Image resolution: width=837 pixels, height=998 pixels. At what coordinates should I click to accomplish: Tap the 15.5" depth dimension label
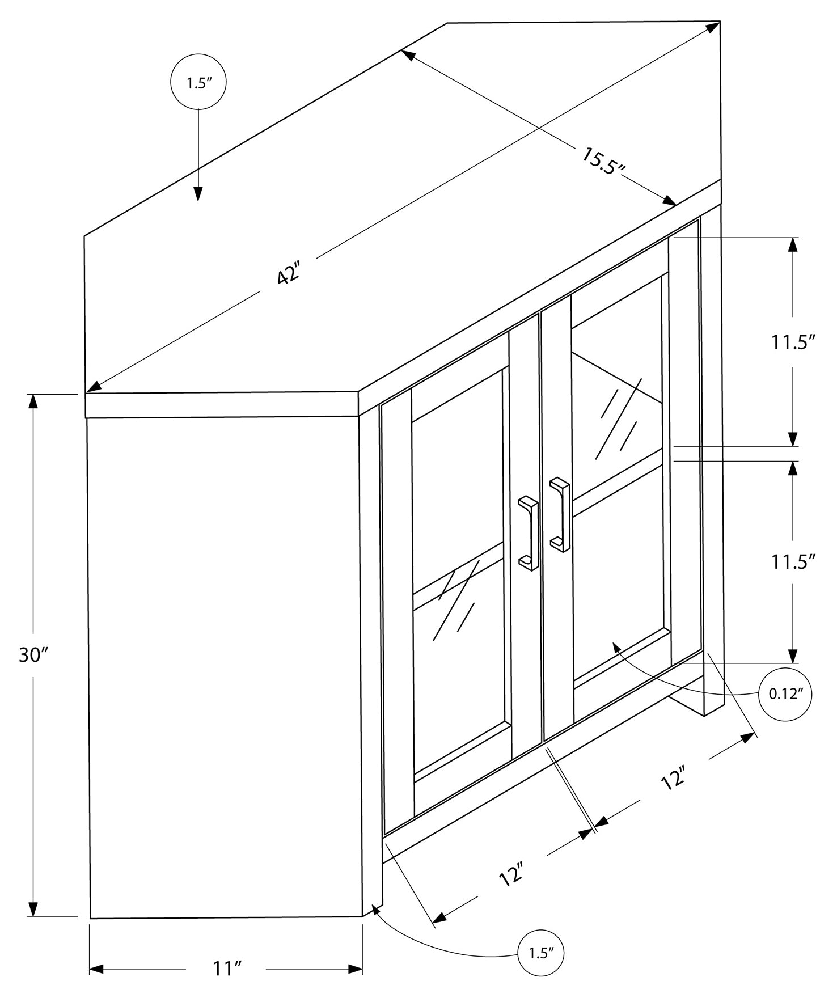(x=602, y=161)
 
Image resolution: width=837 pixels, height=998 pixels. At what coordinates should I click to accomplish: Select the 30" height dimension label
(x=34, y=655)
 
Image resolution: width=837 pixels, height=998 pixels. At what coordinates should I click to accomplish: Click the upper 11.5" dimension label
(x=793, y=342)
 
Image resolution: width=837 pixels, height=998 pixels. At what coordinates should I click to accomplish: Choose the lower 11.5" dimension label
(x=793, y=561)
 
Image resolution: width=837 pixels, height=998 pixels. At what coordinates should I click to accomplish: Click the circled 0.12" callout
(x=786, y=694)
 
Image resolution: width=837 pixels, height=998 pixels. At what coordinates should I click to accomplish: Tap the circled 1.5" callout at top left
(x=198, y=83)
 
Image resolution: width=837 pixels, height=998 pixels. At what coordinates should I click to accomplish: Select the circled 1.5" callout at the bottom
(x=541, y=953)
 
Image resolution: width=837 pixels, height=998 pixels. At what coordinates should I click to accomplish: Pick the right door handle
(x=560, y=514)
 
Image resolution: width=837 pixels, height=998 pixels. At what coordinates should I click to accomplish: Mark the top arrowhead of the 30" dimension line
(x=33, y=401)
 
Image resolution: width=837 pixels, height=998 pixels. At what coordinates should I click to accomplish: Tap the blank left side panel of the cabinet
(x=224, y=663)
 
